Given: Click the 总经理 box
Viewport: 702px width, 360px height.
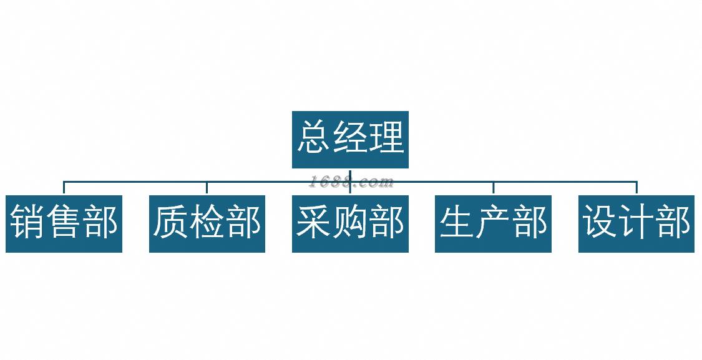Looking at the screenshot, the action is click(350, 139).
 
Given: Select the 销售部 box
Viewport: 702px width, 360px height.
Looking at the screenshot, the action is click(64, 223).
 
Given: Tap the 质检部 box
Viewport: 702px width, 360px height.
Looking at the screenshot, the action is click(207, 223).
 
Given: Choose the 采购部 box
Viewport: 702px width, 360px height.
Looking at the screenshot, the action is click(350, 223).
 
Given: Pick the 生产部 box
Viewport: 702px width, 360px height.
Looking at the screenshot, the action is click(493, 223).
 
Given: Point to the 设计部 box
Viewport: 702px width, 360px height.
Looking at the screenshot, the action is click(636, 223).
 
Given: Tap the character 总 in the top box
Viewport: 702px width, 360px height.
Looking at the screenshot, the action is click(314, 138).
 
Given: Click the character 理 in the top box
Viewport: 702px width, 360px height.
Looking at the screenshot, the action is click(387, 138).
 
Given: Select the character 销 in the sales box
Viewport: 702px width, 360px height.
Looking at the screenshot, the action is click(27, 223).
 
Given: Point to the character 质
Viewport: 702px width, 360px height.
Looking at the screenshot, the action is click(170, 223).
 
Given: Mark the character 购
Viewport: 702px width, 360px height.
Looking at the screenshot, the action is click(350, 223).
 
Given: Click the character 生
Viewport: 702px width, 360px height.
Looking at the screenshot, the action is click(457, 223).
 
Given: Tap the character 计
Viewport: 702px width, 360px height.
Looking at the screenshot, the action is click(636, 223).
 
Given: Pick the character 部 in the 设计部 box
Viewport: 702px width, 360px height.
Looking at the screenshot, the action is click(673, 223).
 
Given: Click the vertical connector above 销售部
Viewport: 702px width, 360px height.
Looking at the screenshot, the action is click(64, 188).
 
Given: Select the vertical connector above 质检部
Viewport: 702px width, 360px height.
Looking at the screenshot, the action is click(207, 188).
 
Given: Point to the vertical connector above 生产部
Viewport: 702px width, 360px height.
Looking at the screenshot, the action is click(493, 188).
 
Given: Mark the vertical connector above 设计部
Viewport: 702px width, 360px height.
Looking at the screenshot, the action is click(636, 188).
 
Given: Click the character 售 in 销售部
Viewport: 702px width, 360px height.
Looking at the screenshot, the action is click(64, 223).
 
